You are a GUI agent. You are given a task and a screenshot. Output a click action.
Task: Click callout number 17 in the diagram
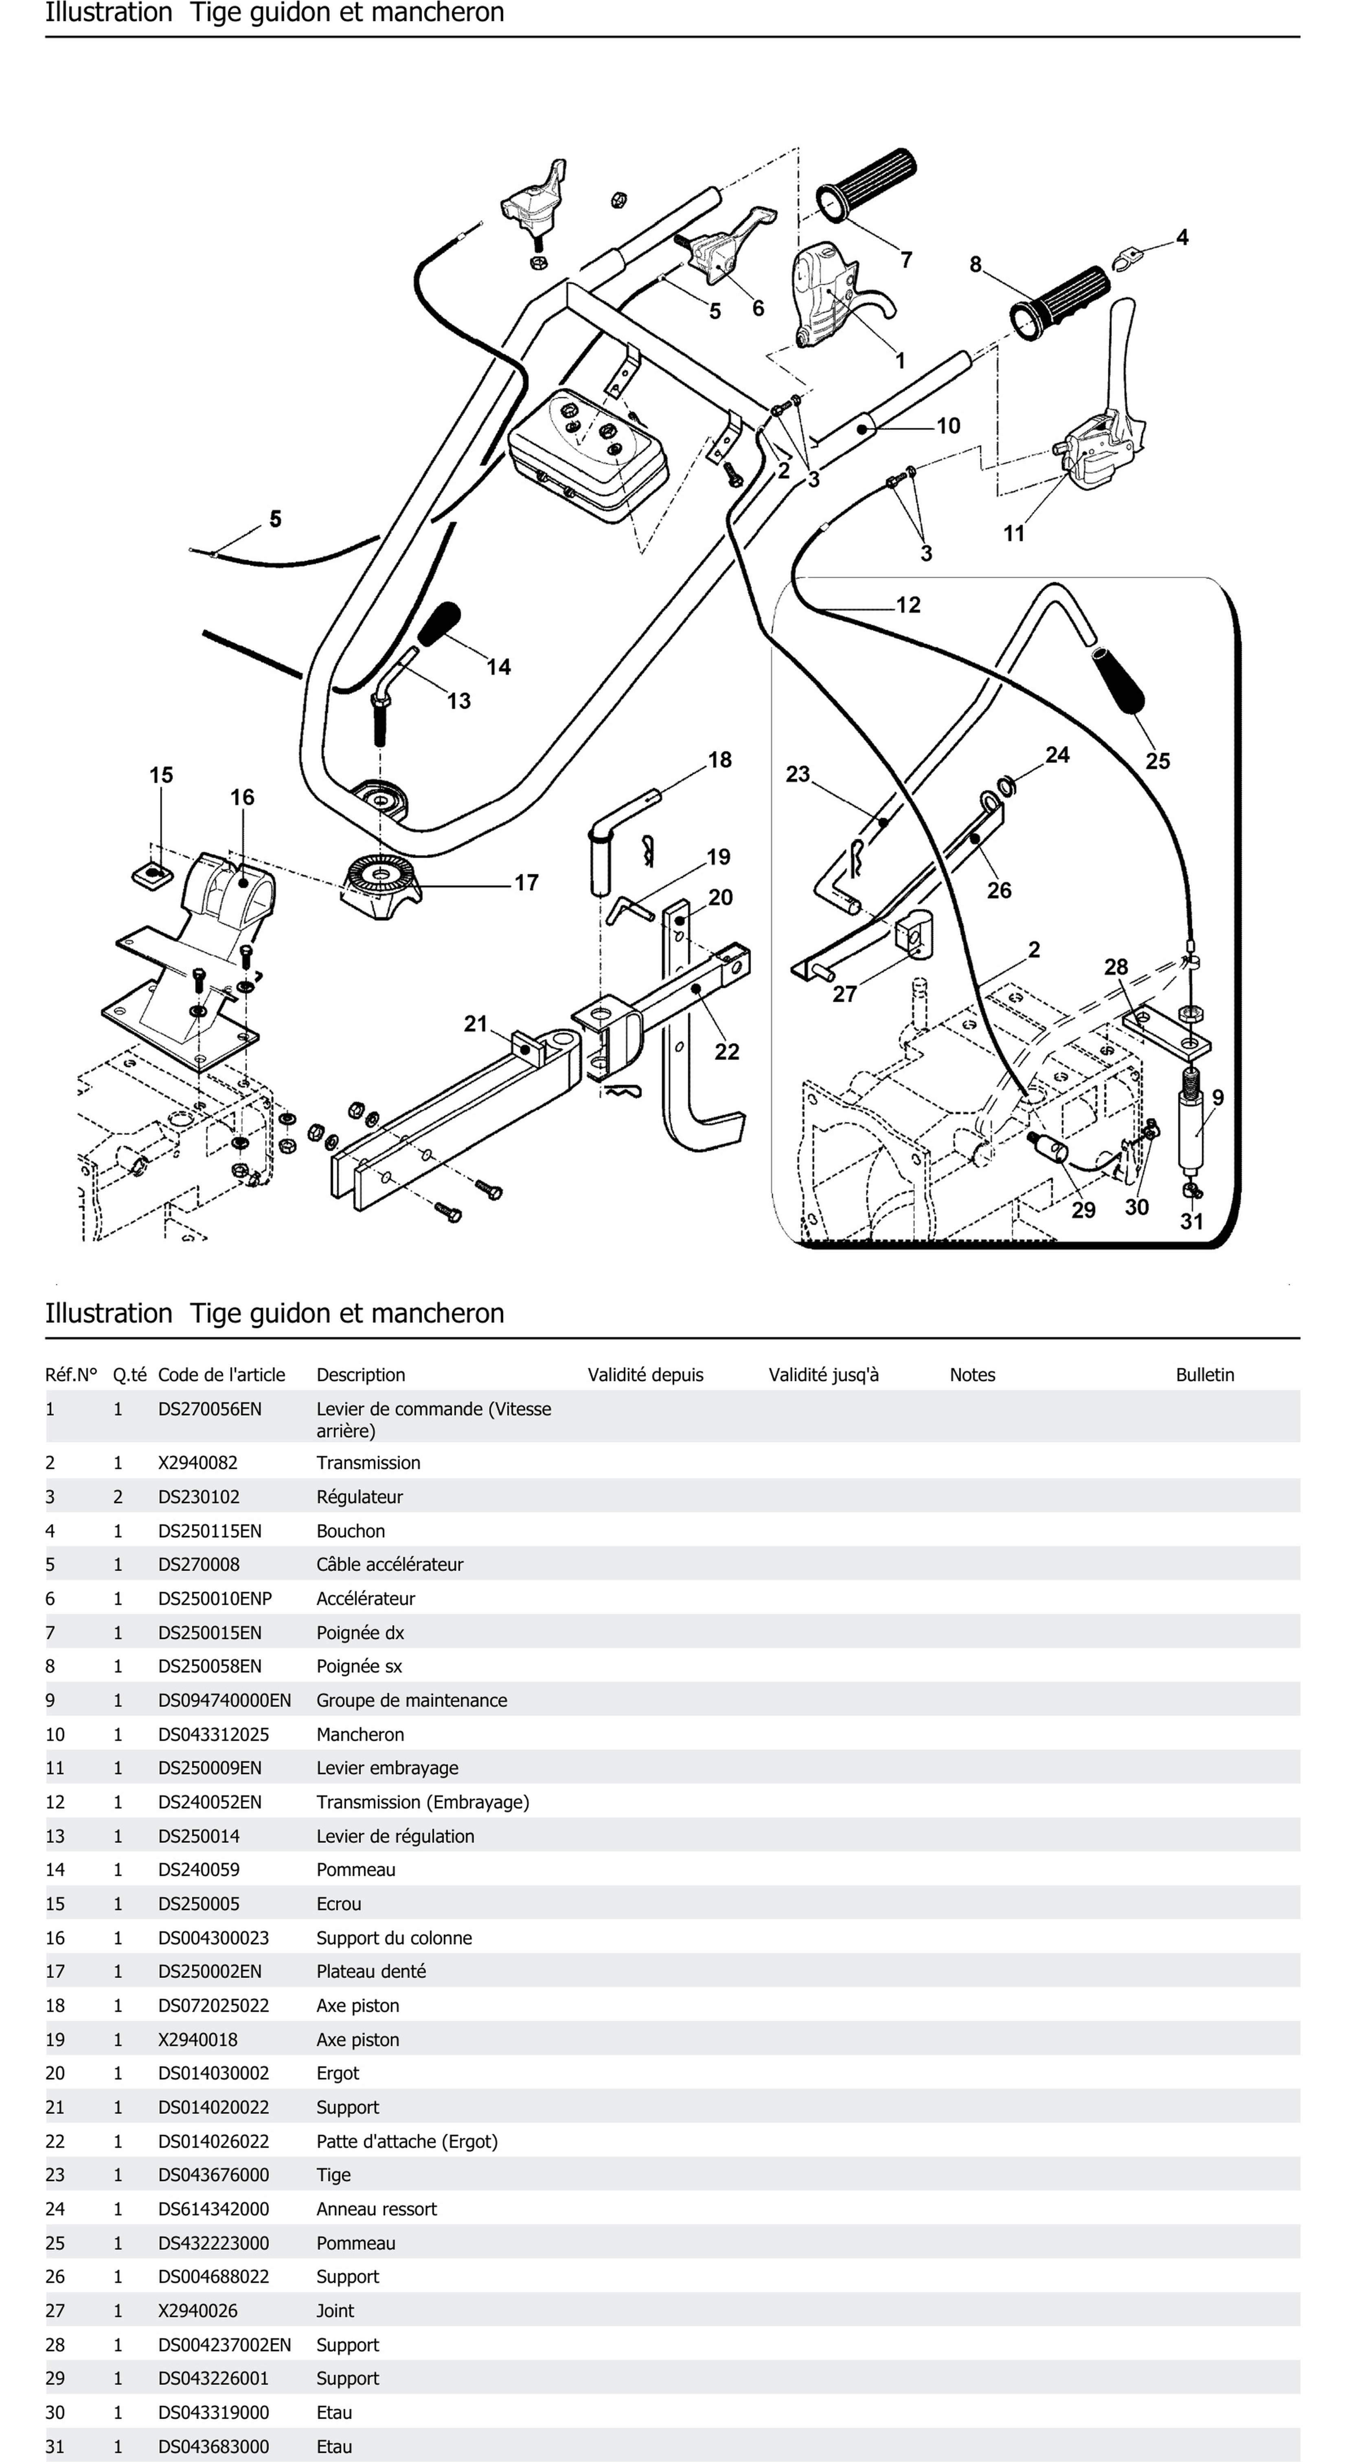(527, 882)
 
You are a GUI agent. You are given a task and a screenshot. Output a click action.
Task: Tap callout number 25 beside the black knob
(1157, 761)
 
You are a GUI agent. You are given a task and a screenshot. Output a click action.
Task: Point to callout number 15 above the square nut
(160, 775)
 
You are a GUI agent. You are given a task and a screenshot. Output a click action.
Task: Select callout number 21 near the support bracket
(476, 1023)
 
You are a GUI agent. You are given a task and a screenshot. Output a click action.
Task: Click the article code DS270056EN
(209, 1409)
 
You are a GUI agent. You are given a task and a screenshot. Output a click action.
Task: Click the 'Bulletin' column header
(1204, 1374)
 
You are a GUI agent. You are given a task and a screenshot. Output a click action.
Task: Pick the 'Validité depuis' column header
(645, 1374)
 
